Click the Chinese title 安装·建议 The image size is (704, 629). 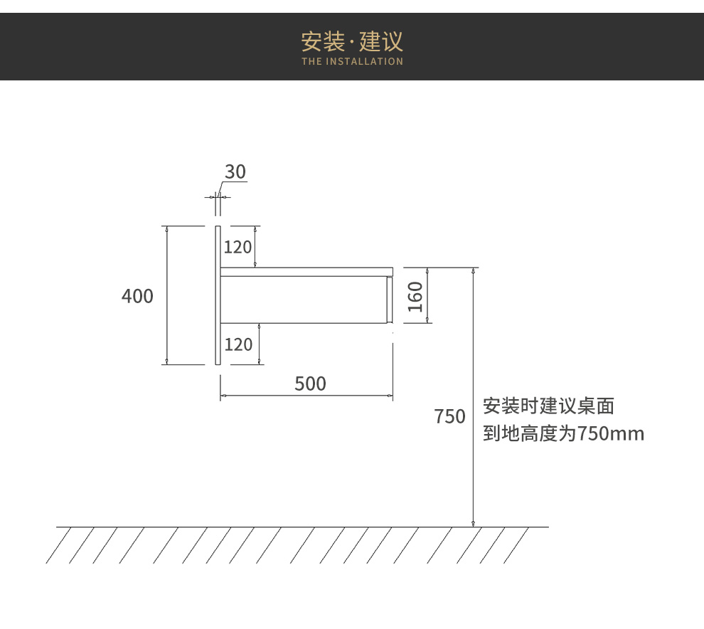(x=352, y=41)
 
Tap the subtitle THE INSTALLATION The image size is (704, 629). (x=352, y=62)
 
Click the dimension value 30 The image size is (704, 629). (x=235, y=172)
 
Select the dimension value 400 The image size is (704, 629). (x=137, y=296)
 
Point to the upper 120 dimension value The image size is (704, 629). (x=238, y=247)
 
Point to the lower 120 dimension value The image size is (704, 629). (x=238, y=345)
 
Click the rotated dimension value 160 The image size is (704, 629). (x=415, y=296)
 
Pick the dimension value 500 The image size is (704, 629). (x=310, y=384)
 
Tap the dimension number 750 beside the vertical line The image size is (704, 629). (x=450, y=417)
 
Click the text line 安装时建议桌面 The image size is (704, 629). (x=548, y=407)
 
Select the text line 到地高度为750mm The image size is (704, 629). (x=563, y=433)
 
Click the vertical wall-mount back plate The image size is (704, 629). (x=218, y=295)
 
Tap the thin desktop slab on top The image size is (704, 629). (x=306, y=271)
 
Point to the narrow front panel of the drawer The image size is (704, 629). (x=390, y=300)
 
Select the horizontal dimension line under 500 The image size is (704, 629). (x=306, y=395)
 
